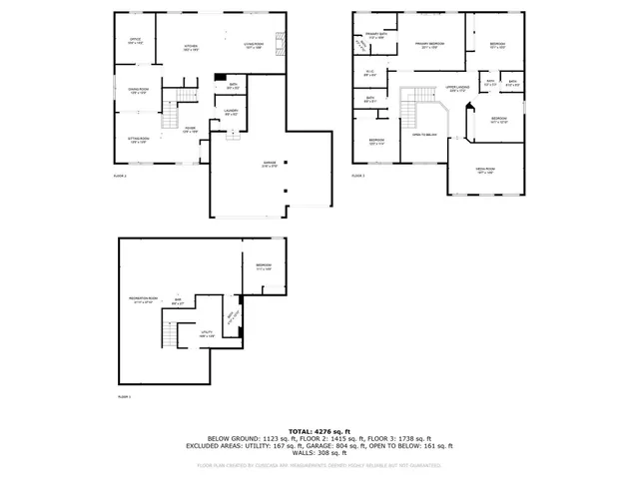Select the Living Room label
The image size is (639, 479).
(x=253, y=45)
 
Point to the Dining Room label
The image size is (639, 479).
(x=137, y=92)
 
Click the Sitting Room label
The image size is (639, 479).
(x=138, y=141)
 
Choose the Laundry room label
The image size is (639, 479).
(x=231, y=112)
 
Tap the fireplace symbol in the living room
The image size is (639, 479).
(x=284, y=44)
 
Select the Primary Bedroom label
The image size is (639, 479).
(x=430, y=45)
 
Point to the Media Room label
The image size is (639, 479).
(x=486, y=171)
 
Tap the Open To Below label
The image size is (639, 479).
(x=426, y=134)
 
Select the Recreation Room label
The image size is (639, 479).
(x=144, y=299)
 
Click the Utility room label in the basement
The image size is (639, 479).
(x=208, y=334)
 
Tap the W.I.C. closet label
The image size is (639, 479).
(x=369, y=73)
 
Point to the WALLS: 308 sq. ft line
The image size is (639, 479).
(x=319, y=455)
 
